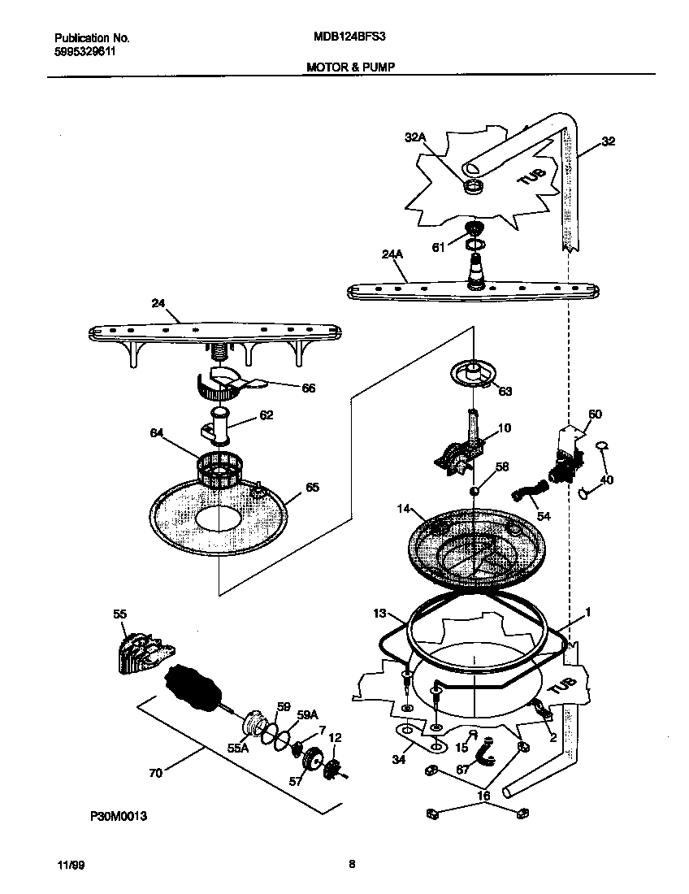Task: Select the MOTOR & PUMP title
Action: tap(350, 67)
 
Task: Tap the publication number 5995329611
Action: tap(85, 50)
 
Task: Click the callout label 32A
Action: tap(415, 138)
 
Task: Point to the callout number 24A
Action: tap(392, 254)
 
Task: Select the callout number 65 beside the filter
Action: tap(312, 488)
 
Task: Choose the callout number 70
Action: tap(155, 773)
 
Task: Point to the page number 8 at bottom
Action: tap(351, 865)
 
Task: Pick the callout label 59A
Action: tap(306, 715)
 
